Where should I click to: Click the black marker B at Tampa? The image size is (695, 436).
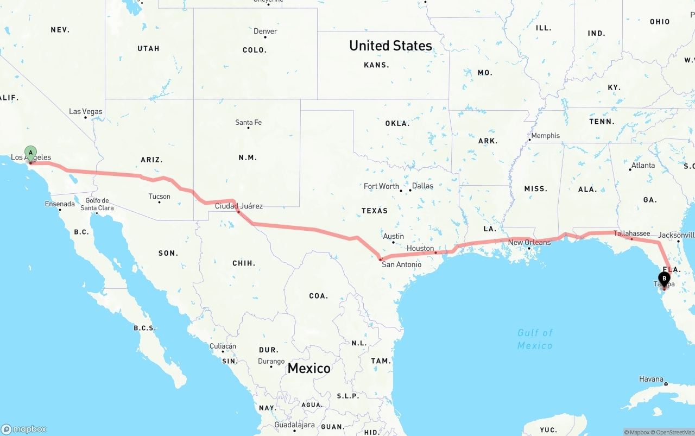click(x=664, y=279)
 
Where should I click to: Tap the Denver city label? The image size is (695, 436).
click(x=266, y=31)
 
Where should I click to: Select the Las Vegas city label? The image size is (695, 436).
click(x=86, y=112)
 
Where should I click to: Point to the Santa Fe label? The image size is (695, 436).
click(x=248, y=123)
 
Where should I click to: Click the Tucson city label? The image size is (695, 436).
click(x=159, y=197)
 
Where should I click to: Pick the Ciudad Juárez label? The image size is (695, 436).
click(x=239, y=206)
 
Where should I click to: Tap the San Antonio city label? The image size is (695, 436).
click(x=401, y=264)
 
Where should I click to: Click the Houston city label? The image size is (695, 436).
click(x=420, y=248)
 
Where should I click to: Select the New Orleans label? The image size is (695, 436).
click(x=529, y=242)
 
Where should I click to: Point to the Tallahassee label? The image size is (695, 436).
click(x=632, y=233)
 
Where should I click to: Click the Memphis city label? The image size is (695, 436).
click(x=545, y=136)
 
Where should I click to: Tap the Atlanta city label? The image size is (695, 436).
click(x=643, y=166)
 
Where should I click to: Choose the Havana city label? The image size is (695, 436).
click(x=651, y=379)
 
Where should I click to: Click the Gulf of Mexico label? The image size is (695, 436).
click(x=535, y=339)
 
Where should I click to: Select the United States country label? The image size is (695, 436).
click(x=391, y=46)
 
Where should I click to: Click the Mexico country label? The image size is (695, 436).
click(x=309, y=368)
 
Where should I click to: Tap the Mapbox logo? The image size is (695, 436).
click(x=24, y=429)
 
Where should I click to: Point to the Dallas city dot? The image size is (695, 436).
click(x=408, y=191)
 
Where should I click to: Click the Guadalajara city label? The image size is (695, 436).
click(x=294, y=425)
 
